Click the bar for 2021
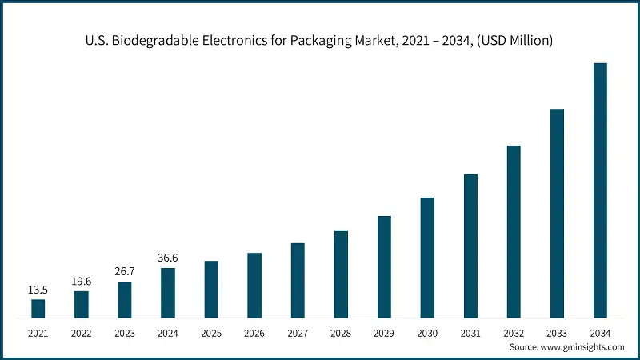pos(38,308)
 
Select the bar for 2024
pos(168,293)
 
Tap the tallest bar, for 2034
pos(600,190)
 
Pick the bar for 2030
pos(427,258)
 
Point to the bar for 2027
pos(298,280)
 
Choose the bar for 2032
pos(514,232)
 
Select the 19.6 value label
pos(82,282)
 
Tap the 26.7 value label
pos(125,272)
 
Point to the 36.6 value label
pos(168,258)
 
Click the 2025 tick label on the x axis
pos(211,332)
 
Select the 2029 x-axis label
pos(384,332)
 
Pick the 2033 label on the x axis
pos(557,332)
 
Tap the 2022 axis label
pos(82,332)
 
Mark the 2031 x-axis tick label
pos(470,332)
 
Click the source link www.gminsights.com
pos(584,347)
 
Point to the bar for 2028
pos(341,274)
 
